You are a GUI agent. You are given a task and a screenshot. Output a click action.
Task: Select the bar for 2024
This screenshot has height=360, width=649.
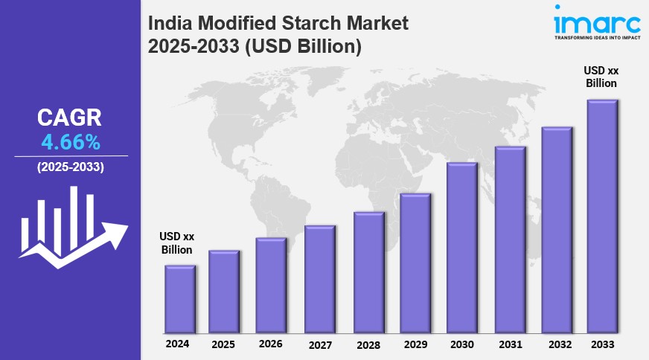coord(179,299)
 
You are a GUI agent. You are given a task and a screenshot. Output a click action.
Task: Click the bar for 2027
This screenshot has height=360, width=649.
coord(319,279)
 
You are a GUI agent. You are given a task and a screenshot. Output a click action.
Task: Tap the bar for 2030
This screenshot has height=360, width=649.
coord(461,247)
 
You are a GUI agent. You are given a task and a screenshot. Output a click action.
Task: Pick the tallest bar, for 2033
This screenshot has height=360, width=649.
coord(601,216)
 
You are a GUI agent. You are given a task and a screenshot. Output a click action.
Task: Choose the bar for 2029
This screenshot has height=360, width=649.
coord(415,263)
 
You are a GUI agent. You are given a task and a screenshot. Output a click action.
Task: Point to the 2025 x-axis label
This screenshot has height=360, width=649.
coord(223,345)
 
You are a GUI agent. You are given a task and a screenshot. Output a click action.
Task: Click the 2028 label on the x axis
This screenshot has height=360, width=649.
coord(368,345)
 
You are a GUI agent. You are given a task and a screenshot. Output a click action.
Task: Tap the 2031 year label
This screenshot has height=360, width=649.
coord(509,345)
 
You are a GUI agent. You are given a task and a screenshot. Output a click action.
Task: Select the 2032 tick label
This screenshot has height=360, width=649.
coord(556,345)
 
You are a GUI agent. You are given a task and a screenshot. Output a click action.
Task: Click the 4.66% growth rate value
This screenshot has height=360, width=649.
coord(70,141)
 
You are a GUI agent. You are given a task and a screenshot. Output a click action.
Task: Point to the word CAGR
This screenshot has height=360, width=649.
coord(70,118)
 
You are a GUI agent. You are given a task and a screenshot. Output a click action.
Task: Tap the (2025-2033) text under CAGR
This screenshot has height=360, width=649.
coord(70,167)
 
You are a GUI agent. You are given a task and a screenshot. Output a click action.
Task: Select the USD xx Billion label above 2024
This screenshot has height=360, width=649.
coord(177,243)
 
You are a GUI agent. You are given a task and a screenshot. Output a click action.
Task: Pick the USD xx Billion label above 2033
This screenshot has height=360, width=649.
coord(601,77)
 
